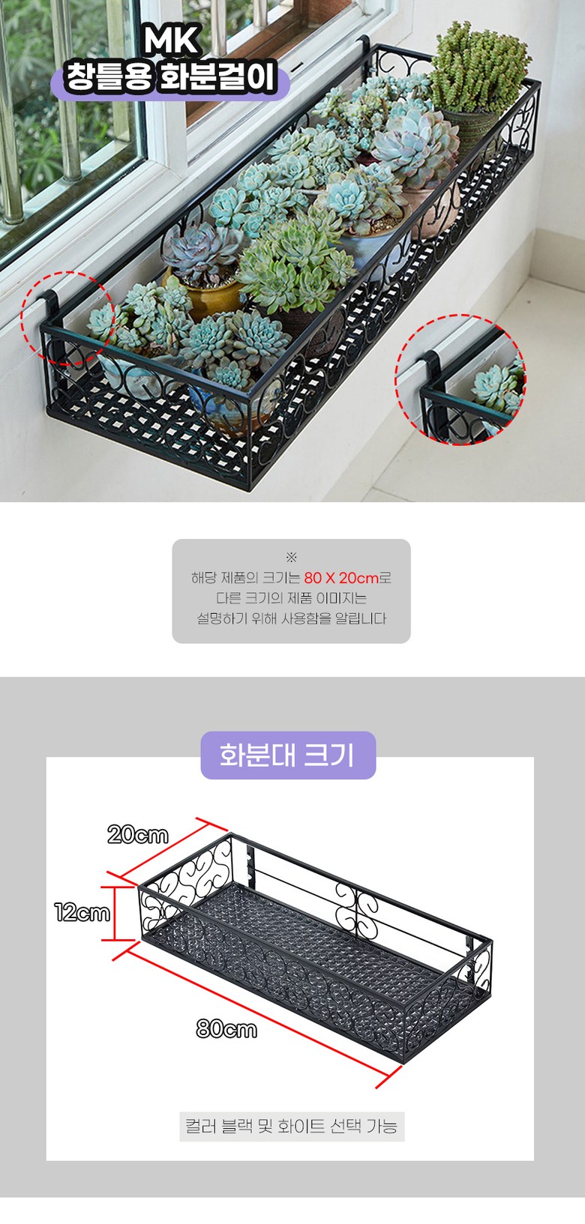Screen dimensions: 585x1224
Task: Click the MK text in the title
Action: [171, 41]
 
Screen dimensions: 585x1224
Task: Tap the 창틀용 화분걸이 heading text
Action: [170, 77]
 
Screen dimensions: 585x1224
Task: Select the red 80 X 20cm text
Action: [341, 578]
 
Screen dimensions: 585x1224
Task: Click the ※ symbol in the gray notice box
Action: [292, 558]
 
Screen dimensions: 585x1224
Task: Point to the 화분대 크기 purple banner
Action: [288, 755]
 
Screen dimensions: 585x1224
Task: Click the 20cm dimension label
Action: [138, 835]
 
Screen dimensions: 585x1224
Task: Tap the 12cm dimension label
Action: [82, 912]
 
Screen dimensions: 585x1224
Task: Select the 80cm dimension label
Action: [226, 1029]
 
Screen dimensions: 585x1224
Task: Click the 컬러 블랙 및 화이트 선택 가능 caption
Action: [292, 1126]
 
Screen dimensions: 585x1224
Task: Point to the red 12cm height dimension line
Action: [115, 913]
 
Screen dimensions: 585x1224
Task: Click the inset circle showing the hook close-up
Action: [460, 380]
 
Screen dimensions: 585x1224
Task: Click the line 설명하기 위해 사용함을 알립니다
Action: [292, 618]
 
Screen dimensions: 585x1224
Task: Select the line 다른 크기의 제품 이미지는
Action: [292, 598]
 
